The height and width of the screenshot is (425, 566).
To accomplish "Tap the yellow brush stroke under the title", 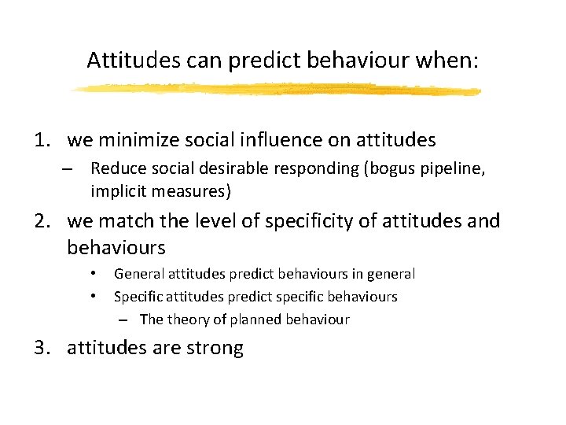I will pyautogui.click(x=275, y=90).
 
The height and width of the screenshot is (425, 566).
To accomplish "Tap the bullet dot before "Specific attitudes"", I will pyautogui.click(x=93, y=297).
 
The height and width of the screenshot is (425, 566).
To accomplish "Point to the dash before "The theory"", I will pyautogui.click(x=125, y=320).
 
